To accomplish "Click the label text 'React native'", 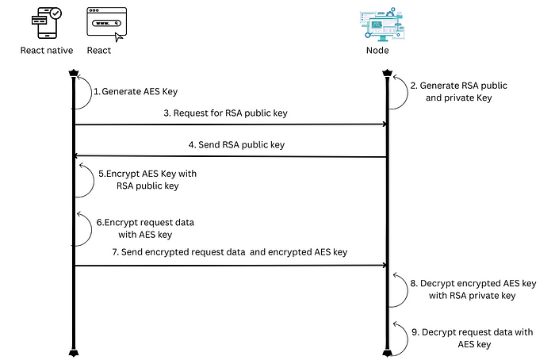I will click(46, 52).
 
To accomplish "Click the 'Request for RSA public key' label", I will click(225, 113).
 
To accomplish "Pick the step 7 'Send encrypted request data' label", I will click(230, 251).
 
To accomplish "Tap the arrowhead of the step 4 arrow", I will click(78, 156).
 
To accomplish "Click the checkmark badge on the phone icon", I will click(54, 14).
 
